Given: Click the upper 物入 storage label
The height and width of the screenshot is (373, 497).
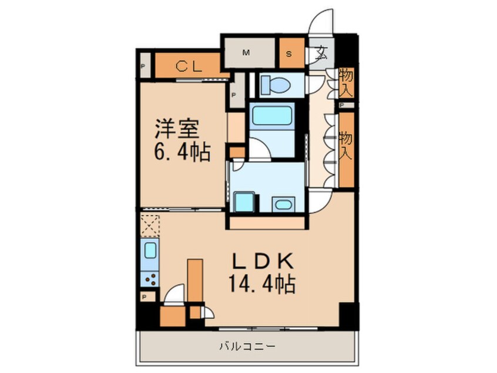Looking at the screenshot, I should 347,83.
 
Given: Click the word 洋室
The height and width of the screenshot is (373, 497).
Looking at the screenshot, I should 178,128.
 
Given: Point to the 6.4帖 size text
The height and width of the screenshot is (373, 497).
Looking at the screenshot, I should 182,154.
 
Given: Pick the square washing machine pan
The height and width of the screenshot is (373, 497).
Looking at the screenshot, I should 244,202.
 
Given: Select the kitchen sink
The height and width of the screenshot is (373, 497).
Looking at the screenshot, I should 150,252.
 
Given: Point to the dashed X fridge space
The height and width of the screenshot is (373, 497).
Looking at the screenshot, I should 150,225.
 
